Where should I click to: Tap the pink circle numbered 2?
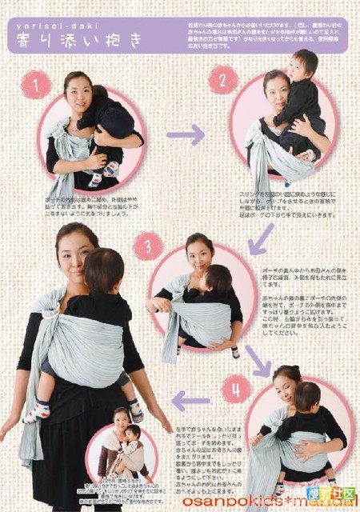(223, 79)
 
